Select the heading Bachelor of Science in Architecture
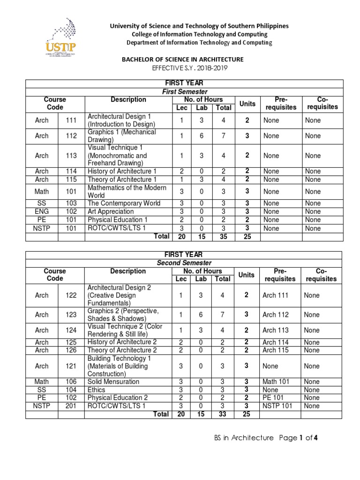point(183,60)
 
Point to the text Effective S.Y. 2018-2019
point(183,68)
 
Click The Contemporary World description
point(124,203)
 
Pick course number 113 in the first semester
point(71,156)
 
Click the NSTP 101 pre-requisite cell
point(277,406)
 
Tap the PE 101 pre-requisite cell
point(273,398)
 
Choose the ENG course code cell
point(42,211)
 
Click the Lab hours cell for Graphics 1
point(201,136)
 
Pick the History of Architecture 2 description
point(122,342)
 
